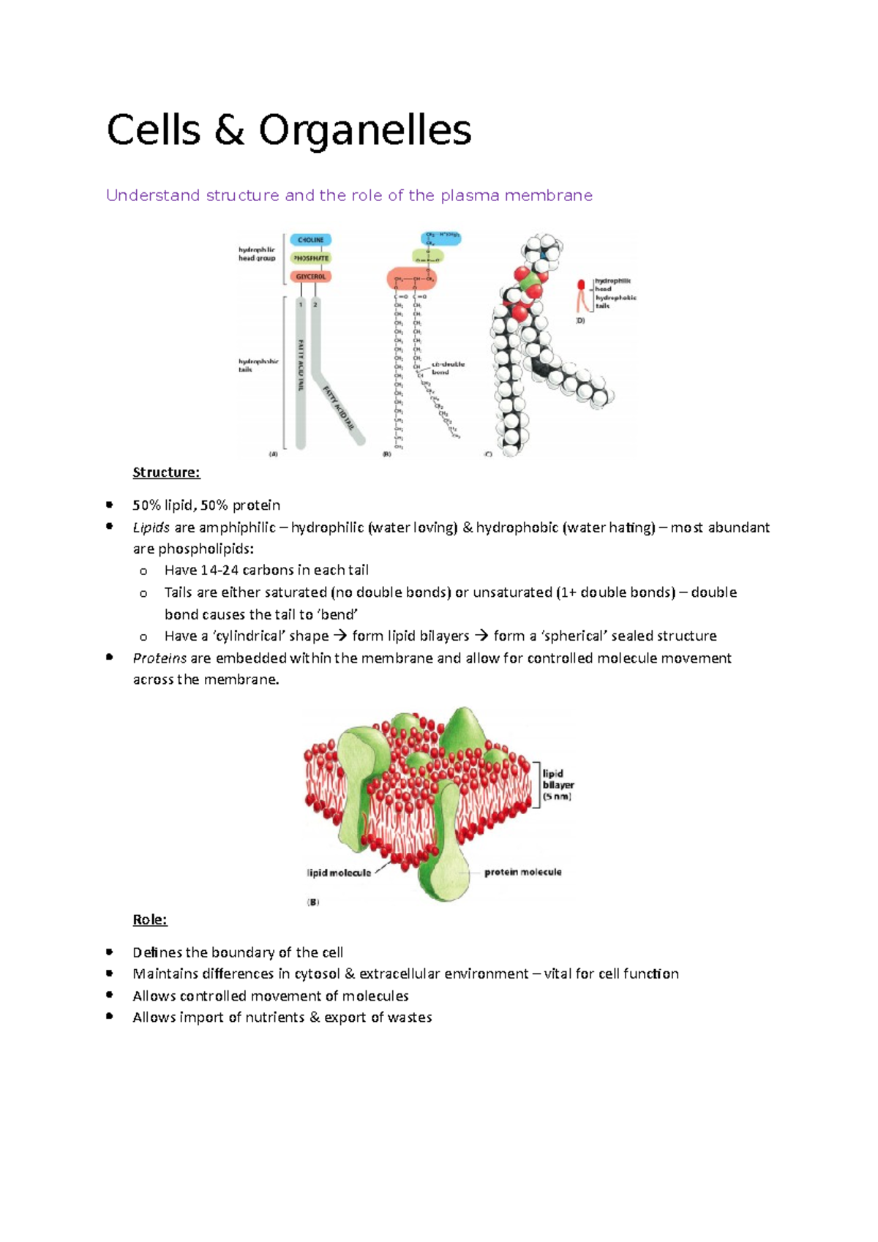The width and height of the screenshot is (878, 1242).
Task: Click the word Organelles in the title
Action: click(364, 131)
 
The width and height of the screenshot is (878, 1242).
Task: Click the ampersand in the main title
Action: click(229, 131)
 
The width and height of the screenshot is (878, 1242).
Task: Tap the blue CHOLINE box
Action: click(311, 240)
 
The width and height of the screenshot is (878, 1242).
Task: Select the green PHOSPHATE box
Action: click(311, 258)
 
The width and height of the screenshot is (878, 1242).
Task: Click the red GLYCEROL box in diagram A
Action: click(311, 276)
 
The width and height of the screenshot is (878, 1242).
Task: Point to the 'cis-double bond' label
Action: click(447, 368)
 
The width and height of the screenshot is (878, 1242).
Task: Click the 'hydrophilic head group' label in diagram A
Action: click(257, 254)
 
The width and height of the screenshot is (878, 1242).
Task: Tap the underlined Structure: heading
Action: click(166, 473)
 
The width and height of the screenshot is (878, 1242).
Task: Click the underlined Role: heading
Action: click(150, 919)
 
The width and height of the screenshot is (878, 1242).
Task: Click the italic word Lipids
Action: click(151, 527)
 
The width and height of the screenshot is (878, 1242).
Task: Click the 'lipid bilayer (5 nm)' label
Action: click(558, 785)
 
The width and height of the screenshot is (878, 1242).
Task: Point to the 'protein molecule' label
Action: click(522, 872)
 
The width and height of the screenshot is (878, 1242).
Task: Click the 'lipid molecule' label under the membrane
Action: click(339, 873)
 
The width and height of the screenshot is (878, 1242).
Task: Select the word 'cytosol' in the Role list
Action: click(317, 974)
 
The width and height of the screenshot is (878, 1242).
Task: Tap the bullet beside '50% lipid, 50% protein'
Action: click(110, 505)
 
